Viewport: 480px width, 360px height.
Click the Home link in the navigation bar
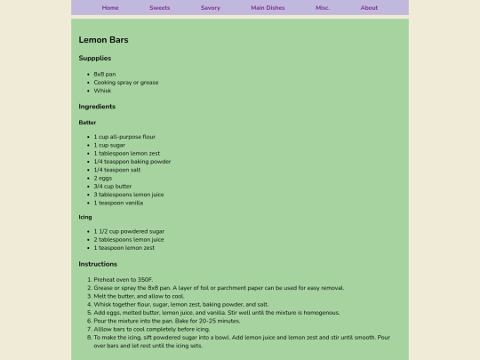110,8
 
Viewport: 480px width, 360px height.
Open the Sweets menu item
160,8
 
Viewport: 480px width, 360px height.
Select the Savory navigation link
211,8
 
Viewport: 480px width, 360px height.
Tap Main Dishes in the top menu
268,8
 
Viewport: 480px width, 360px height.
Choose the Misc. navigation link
323,8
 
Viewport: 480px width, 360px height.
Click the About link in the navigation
369,8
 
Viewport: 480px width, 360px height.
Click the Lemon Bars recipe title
104,40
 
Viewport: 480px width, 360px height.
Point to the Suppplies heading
95,59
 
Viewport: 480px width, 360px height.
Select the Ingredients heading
97,107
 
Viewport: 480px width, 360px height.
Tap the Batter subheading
87,123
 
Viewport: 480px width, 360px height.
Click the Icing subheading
85,217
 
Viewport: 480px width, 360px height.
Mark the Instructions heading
98,264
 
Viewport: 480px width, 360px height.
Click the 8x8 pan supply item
105,74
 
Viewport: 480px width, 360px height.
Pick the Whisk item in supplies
102,91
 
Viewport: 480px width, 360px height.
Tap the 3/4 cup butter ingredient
113,187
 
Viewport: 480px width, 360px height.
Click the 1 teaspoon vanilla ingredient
118,203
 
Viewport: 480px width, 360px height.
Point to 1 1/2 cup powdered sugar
129,231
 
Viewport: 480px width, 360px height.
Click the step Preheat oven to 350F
124,280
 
